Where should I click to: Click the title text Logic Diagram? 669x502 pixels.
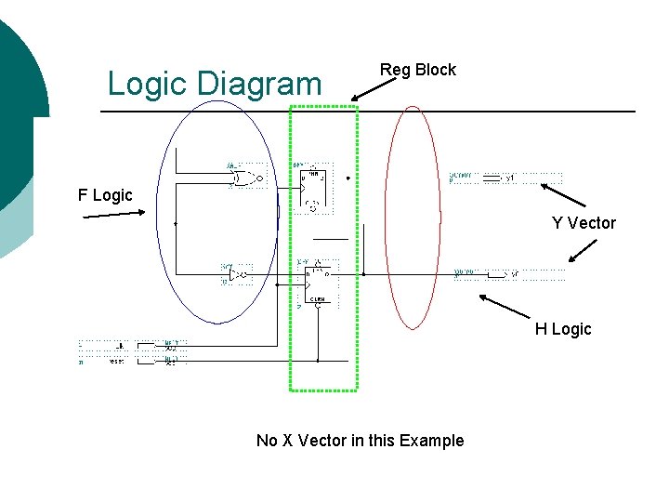click(214, 84)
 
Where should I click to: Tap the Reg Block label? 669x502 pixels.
click(418, 70)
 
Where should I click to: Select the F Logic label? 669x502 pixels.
click(105, 195)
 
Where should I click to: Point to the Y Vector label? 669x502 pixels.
click(584, 223)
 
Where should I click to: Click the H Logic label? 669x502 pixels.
click(562, 329)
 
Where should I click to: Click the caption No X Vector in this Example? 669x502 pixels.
click(360, 441)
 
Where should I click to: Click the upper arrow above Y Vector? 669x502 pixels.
click(563, 194)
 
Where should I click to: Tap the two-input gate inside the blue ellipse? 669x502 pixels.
click(245, 178)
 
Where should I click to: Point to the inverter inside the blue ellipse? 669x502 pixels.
click(238, 274)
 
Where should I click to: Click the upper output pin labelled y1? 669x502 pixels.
click(502, 178)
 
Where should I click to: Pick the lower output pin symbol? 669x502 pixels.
click(502, 274)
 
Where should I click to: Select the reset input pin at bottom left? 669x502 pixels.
click(149, 362)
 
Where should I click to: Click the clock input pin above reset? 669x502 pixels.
click(149, 345)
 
